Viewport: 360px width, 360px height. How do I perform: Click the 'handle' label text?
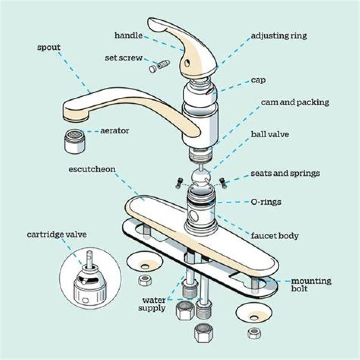(x=129, y=35)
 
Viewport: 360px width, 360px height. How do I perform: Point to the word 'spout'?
(x=49, y=48)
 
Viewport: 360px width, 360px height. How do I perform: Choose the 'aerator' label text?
(x=115, y=131)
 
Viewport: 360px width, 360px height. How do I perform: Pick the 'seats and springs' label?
(x=285, y=174)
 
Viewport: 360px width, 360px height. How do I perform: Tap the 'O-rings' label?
(x=266, y=202)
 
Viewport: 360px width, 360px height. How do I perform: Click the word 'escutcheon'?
(x=92, y=169)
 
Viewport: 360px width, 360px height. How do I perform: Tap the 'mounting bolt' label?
(x=311, y=285)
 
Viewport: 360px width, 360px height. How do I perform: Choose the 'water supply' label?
(x=154, y=304)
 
